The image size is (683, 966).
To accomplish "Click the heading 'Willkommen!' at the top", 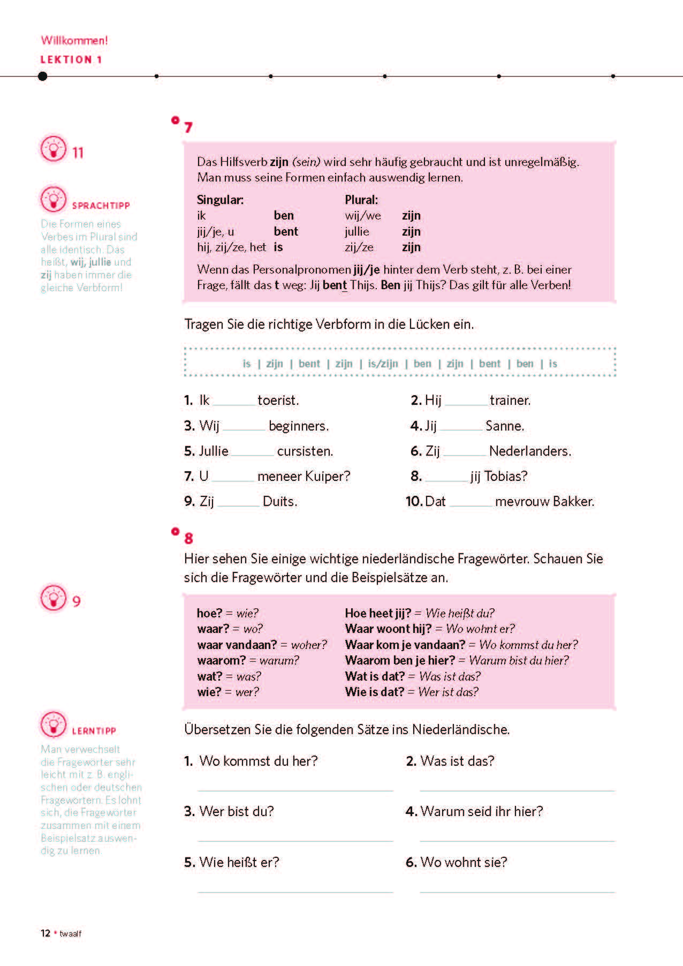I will pyautogui.click(x=74, y=41).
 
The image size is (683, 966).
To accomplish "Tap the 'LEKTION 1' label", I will pyautogui.click(x=71, y=59).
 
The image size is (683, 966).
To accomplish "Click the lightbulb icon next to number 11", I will pyautogui.click(x=53, y=148).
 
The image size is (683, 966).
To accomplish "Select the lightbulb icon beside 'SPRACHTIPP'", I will pyautogui.click(x=53, y=200).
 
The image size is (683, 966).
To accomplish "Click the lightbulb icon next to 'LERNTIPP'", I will pyautogui.click(x=53, y=724).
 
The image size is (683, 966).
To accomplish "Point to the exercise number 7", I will pyautogui.click(x=188, y=127).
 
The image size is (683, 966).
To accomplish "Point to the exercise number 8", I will pyautogui.click(x=188, y=538).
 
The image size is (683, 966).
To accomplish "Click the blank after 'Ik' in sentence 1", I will pyautogui.click(x=234, y=402).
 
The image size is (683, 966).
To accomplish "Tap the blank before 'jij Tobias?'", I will pyautogui.click(x=446, y=478).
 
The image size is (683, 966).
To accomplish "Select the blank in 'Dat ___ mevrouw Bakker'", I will pyautogui.click(x=470, y=503).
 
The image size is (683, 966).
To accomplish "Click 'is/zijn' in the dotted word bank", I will pyautogui.click(x=383, y=364).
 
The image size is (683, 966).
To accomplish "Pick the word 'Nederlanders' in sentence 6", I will pyautogui.click(x=529, y=451).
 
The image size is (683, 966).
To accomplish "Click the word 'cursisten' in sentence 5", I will pyautogui.click(x=305, y=451).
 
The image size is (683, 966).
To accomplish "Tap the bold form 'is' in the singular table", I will pyautogui.click(x=278, y=247).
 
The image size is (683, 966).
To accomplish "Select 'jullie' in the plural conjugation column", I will pyautogui.click(x=357, y=232).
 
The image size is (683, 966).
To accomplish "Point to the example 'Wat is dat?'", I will pyautogui.click(x=375, y=676).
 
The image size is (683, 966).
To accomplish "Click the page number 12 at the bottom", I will pyautogui.click(x=45, y=933).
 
